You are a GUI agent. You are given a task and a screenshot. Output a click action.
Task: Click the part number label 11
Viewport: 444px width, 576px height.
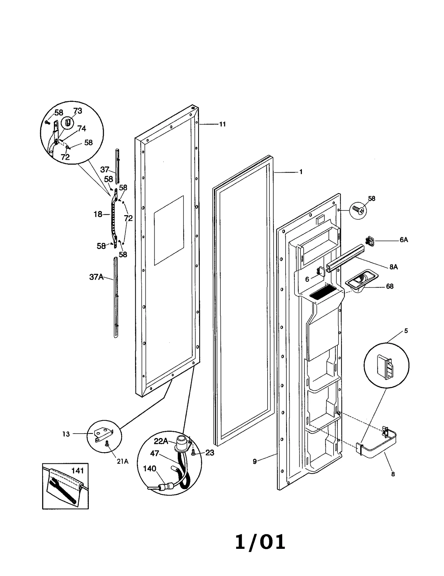pos(222,124)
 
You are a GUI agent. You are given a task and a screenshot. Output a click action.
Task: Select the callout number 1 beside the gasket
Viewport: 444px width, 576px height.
pos(301,172)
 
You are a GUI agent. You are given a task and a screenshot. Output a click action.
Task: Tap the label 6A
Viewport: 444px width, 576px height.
pos(403,240)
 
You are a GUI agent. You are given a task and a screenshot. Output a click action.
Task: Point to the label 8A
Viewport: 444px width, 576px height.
pos(393,267)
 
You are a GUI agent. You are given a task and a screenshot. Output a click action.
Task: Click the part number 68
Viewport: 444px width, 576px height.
pos(390,286)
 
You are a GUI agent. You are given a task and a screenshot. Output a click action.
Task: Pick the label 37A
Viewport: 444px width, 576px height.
pos(96,277)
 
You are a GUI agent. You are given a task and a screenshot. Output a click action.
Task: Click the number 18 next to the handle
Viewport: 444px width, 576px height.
pos(98,214)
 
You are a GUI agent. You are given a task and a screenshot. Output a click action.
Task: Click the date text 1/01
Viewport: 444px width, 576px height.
pos(260,542)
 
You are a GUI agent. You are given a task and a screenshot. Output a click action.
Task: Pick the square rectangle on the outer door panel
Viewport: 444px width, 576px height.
pos(169,230)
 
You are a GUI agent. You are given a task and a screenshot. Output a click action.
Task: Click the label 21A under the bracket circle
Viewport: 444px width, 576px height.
pos(122,461)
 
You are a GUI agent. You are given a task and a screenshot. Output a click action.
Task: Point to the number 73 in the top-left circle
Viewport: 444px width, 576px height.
pos(78,111)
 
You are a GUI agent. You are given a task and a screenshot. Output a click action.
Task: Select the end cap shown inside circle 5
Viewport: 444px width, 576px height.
pos(385,367)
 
